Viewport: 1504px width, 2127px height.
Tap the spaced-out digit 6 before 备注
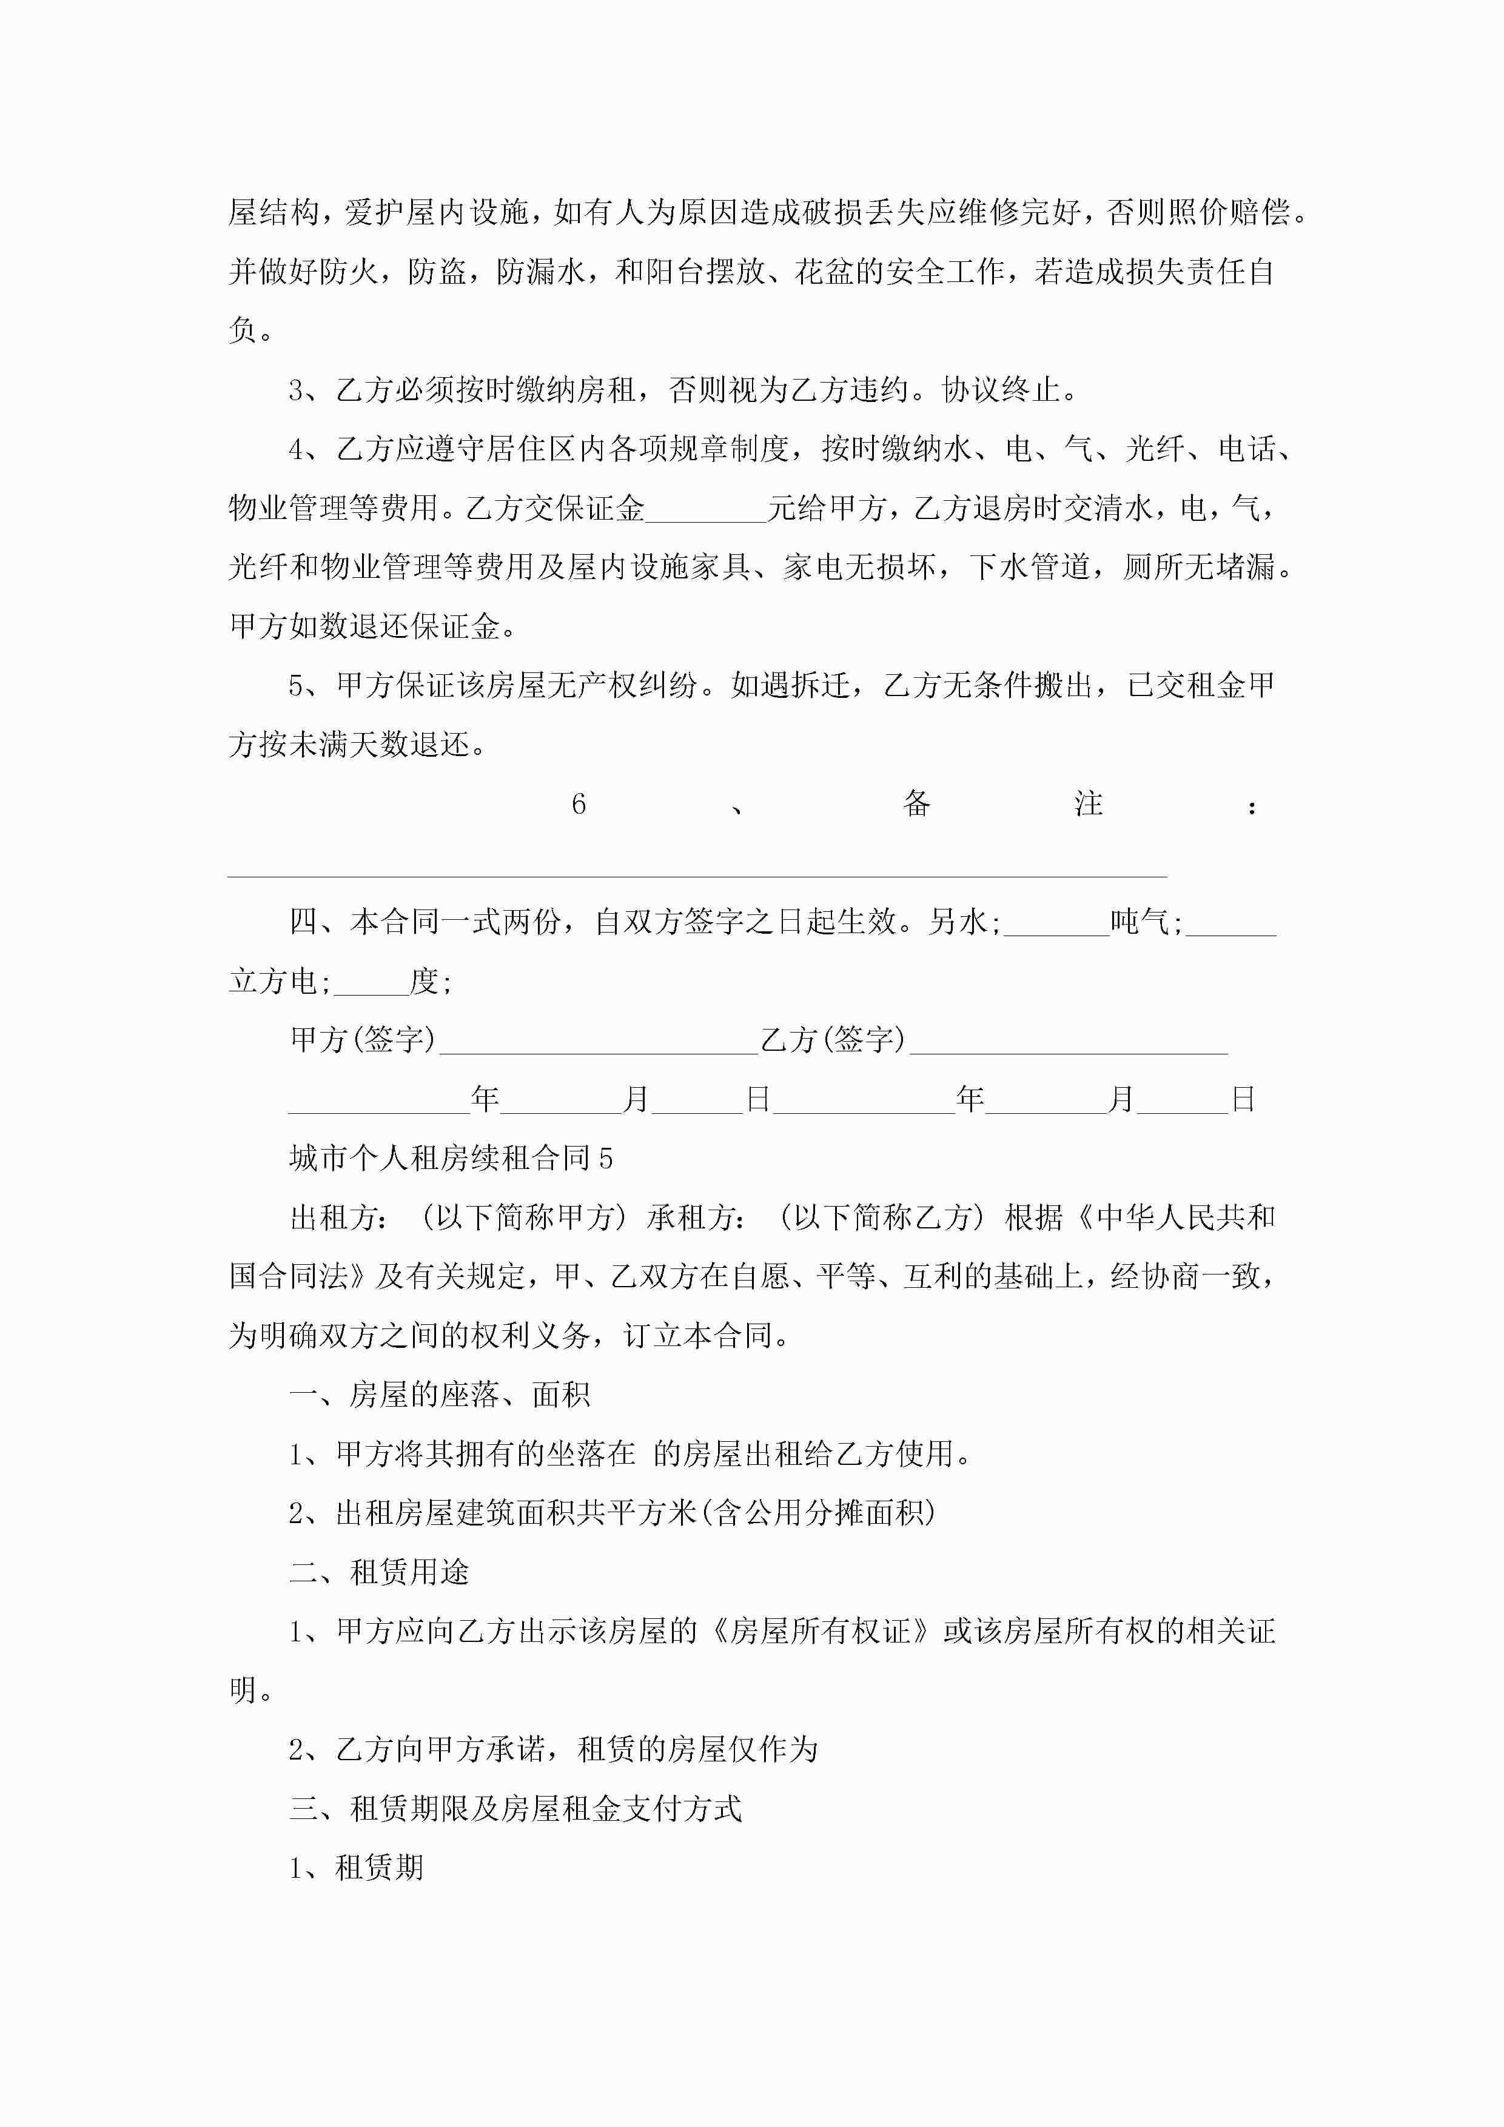tap(578, 803)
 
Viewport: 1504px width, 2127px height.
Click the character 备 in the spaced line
tap(916, 803)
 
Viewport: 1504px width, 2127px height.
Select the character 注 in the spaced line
tap(1088, 803)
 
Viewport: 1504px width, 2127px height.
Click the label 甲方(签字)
tap(362, 1039)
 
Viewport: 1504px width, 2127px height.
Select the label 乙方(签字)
tap(832, 1039)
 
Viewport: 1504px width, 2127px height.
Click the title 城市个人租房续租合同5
tap(451, 1158)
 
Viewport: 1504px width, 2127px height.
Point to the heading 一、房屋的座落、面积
tap(439, 1395)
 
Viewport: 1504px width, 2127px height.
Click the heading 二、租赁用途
tap(379, 1572)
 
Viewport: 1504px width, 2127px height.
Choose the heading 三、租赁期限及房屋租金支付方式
tap(515, 1808)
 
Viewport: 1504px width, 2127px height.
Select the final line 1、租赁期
tap(356, 1867)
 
